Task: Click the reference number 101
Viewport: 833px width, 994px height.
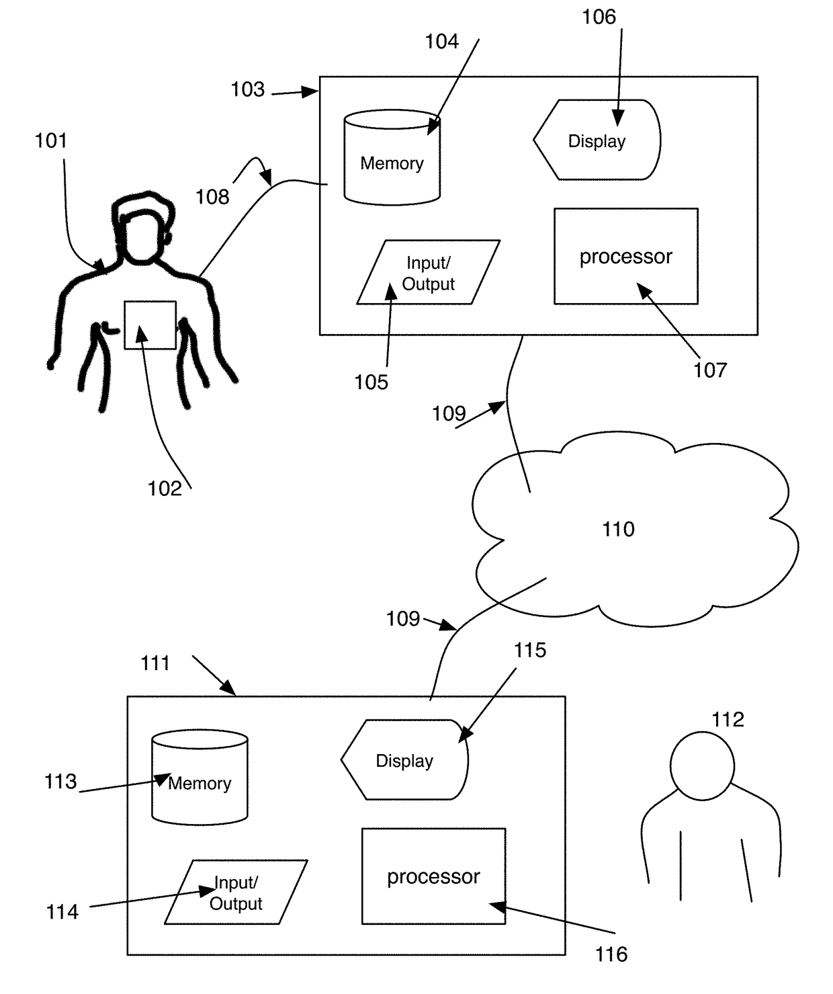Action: tap(51, 140)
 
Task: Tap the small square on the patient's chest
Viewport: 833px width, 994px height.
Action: tap(150, 325)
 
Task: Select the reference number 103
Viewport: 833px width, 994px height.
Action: tap(247, 89)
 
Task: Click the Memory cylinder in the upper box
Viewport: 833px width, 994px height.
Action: tap(392, 157)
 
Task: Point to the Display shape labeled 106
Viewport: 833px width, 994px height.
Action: tap(597, 140)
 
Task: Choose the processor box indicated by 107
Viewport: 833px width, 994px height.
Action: tap(626, 256)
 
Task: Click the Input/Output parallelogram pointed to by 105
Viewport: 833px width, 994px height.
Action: tap(429, 272)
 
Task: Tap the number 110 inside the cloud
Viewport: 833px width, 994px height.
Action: tap(618, 530)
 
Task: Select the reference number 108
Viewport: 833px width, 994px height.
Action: tap(212, 197)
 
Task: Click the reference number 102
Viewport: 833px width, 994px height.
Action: tap(165, 489)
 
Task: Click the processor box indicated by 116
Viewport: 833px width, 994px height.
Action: tap(434, 876)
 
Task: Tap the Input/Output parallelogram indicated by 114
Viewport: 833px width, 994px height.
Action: tap(236, 892)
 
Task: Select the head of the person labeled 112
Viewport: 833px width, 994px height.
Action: tap(702, 766)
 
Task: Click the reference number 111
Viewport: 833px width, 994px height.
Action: tap(155, 663)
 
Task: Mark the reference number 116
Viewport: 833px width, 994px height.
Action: tap(611, 954)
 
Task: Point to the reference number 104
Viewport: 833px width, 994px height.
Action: tap(442, 42)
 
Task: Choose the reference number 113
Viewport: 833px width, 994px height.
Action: tap(60, 781)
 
